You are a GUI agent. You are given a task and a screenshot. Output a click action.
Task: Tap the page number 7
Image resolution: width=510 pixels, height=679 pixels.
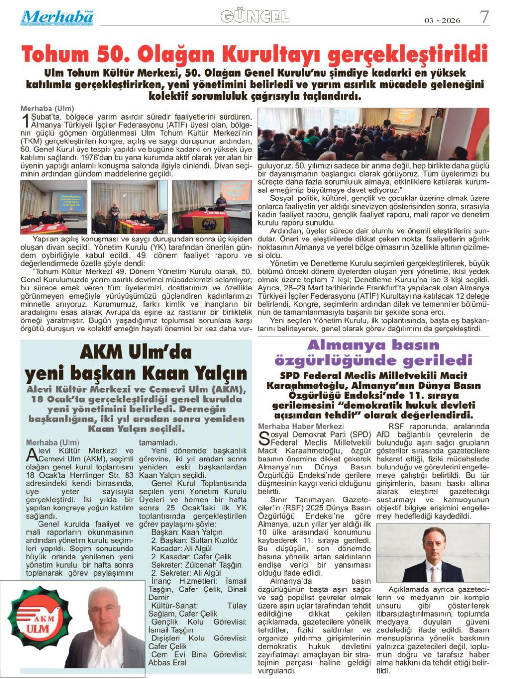(x=484, y=18)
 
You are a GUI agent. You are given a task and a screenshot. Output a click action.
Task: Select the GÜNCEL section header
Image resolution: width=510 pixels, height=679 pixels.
(x=255, y=17)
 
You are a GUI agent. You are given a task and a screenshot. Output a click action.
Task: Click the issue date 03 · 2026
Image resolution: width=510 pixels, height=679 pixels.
(x=442, y=20)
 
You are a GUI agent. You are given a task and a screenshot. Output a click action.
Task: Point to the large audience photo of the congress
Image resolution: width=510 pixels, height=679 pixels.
(x=373, y=134)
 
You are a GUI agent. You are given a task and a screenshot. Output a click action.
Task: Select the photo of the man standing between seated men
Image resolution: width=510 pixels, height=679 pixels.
(x=129, y=207)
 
